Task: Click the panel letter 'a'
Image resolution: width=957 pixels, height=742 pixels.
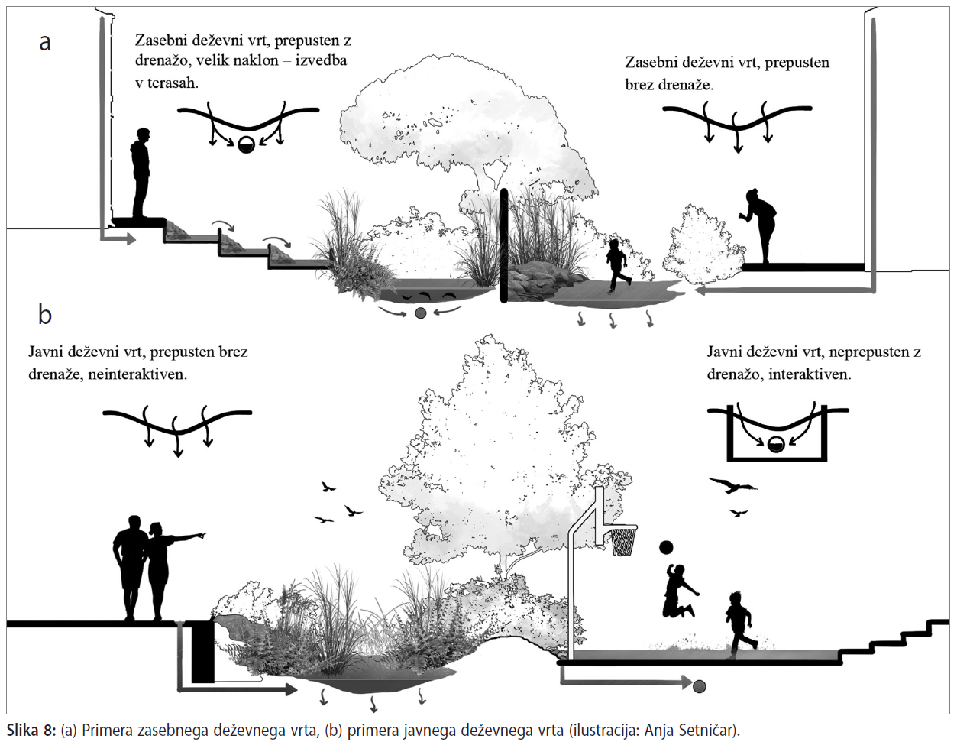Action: tap(45, 43)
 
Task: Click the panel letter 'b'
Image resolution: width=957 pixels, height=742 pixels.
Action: tap(45, 314)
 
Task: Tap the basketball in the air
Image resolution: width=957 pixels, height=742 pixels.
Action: tap(666, 547)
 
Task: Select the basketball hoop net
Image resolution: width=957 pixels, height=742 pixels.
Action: tap(623, 540)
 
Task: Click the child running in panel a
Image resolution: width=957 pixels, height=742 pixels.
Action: tap(616, 264)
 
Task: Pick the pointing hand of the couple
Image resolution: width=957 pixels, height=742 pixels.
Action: tap(201, 536)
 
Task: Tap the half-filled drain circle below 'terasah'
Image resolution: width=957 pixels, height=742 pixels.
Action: tap(246, 144)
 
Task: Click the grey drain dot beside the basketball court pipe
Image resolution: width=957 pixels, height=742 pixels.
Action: tap(699, 686)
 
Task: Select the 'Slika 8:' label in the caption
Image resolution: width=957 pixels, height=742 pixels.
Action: tap(31, 730)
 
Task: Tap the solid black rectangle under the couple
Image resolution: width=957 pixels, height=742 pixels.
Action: tap(202, 651)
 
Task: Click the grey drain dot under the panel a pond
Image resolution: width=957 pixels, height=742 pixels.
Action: tap(420, 313)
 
